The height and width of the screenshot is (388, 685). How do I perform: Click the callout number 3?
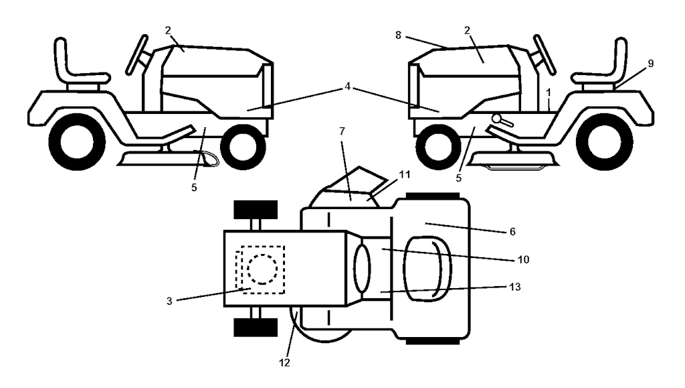click(x=170, y=302)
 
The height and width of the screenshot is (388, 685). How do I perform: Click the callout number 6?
click(x=512, y=231)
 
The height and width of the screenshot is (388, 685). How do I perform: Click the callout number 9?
click(x=651, y=63)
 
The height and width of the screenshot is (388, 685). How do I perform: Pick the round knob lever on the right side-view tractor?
click(x=498, y=119)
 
